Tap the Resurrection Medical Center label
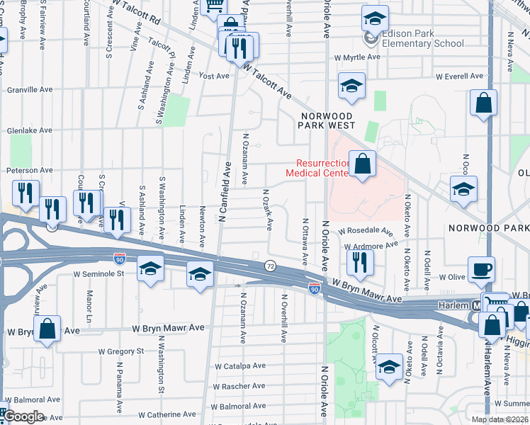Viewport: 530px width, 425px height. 317,167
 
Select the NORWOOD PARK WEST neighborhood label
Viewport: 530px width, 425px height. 327,120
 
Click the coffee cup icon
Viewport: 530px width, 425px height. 481,270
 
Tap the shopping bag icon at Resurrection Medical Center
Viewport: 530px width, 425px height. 362,165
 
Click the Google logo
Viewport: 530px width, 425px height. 25,416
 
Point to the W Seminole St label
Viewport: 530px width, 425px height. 99,273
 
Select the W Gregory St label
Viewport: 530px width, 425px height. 120,351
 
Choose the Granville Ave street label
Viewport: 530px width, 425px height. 30,90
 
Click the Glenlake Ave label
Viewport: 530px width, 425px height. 30,130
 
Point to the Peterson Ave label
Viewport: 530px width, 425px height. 30,170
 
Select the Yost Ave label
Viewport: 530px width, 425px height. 215,76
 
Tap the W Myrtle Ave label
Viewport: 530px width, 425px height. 358,57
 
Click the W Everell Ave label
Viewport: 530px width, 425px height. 459,76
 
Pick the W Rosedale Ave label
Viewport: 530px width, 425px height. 366,231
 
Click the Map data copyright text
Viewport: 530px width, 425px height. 500,419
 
